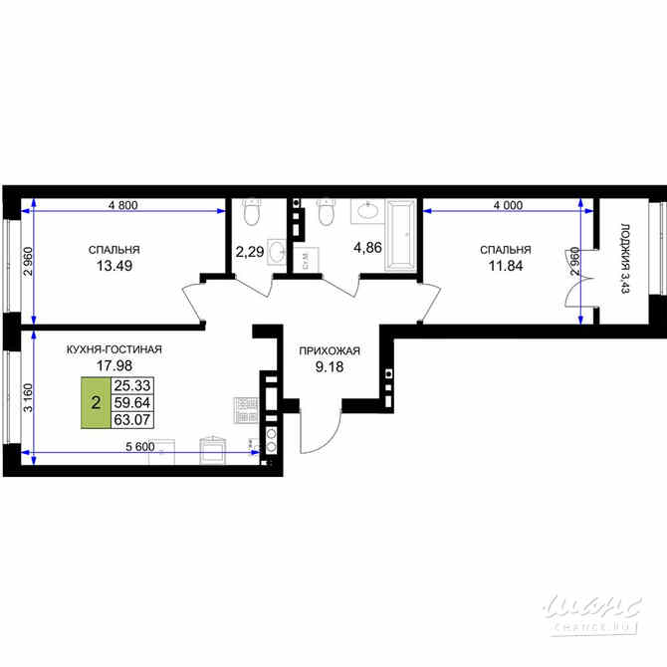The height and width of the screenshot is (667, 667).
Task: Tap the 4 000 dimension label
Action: (x=508, y=205)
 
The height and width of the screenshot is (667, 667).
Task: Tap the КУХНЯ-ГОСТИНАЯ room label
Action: (x=114, y=349)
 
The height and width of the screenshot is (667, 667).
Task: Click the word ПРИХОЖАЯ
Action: (x=329, y=350)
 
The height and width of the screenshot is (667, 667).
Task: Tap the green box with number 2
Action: (x=95, y=404)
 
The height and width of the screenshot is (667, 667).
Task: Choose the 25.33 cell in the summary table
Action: (x=130, y=385)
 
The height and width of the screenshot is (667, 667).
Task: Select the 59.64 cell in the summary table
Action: (x=130, y=404)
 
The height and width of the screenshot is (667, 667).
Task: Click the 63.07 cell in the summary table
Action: (x=130, y=422)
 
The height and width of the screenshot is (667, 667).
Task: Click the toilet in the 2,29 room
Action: (x=250, y=212)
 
